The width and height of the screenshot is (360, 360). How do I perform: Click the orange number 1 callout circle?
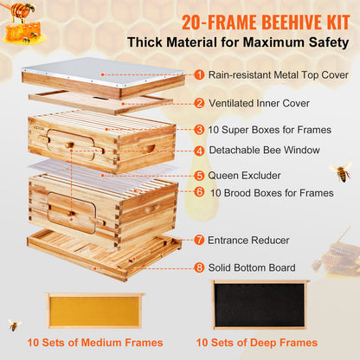199,74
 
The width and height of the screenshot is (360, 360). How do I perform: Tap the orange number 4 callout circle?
199,150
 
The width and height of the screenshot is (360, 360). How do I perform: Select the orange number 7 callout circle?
199,239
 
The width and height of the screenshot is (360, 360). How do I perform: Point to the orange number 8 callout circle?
199,267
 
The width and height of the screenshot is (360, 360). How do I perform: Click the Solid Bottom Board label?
256,267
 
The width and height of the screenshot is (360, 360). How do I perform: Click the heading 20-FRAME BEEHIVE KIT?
241,19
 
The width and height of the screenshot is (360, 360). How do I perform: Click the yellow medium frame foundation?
94,310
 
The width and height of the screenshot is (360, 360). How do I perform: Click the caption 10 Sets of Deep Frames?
260,344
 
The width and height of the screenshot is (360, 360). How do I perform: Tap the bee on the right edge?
340,171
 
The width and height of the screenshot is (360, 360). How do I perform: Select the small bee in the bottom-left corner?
14,325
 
